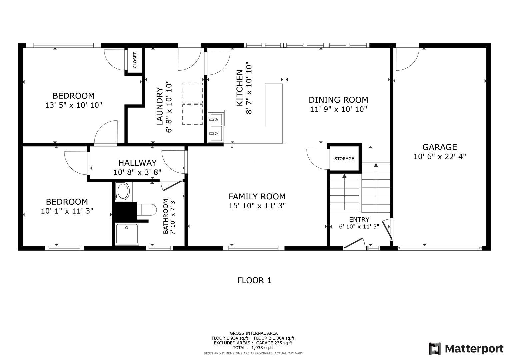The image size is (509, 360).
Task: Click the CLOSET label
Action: (x=135, y=60)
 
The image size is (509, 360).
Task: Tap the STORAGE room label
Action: (x=344, y=159)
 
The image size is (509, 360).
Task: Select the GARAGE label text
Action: (x=440, y=147)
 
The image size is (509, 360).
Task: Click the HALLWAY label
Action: (x=137, y=163)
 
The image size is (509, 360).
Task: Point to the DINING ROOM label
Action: (x=338, y=100)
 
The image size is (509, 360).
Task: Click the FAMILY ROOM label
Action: (x=257, y=196)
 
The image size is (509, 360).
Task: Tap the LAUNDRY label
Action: (x=160, y=106)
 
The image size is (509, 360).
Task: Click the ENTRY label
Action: (x=359, y=220)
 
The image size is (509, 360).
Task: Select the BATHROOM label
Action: (x=166, y=216)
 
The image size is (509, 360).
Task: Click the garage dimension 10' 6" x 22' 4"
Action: (x=440, y=157)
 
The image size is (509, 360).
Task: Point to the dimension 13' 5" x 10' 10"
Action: (x=73, y=105)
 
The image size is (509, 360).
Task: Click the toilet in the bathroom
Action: (x=147, y=210)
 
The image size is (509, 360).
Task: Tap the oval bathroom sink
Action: (x=123, y=192)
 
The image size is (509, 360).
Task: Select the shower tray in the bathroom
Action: (x=127, y=234)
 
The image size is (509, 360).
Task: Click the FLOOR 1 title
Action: (x=254, y=280)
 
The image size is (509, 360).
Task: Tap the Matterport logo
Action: (x=466, y=348)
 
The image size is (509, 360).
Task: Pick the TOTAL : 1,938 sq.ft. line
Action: (x=254, y=347)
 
